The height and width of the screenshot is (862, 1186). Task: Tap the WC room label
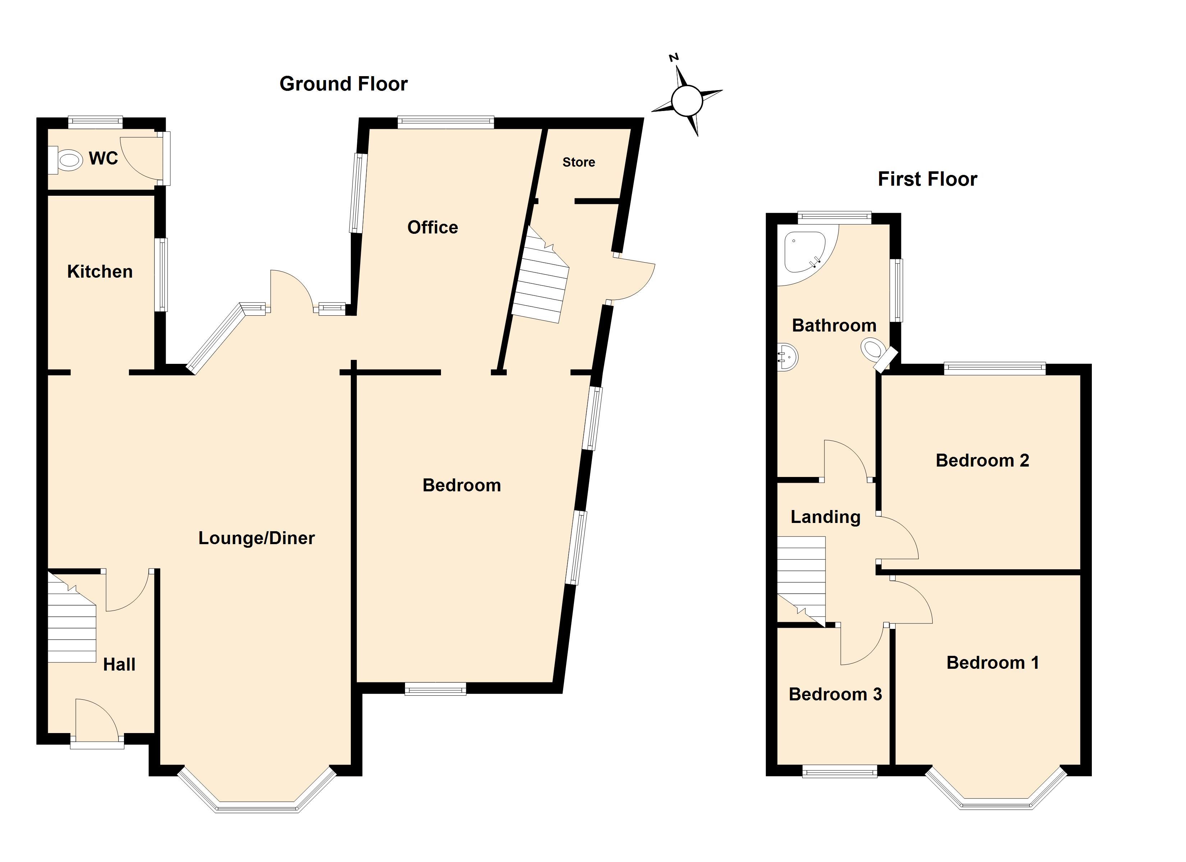click(x=104, y=158)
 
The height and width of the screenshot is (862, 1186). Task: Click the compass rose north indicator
click(x=675, y=57)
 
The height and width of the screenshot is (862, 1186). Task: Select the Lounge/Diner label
click(x=256, y=538)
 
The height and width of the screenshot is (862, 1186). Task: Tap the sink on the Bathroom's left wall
click(x=787, y=358)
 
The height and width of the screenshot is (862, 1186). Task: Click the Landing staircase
click(x=801, y=581)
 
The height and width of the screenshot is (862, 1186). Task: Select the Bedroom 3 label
click(x=835, y=694)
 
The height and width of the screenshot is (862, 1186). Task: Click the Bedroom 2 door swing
click(x=897, y=538)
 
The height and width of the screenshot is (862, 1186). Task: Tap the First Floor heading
click(x=927, y=179)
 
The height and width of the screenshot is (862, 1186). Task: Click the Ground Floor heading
click(x=344, y=84)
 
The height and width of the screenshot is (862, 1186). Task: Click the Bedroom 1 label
click(x=993, y=663)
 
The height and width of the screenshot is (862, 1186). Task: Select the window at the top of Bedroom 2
click(x=994, y=368)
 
